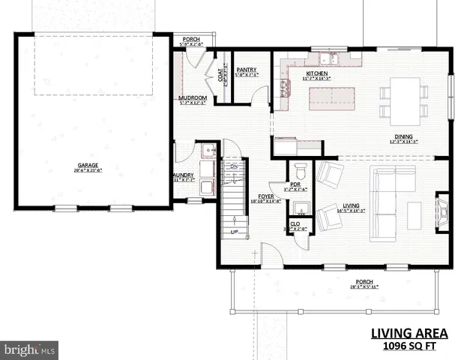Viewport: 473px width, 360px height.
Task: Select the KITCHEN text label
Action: (x=316, y=73)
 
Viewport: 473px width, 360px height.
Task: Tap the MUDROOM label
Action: (x=193, y=98)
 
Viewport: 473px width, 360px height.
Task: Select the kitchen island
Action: (x=333, y=95)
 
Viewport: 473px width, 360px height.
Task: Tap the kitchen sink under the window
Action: (x=328, y=57)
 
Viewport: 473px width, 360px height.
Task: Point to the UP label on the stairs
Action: (x=234, y=232)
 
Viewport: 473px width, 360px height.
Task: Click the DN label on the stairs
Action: (x=234, y=166)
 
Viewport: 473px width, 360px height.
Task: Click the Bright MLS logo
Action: (x=30, y=349)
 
